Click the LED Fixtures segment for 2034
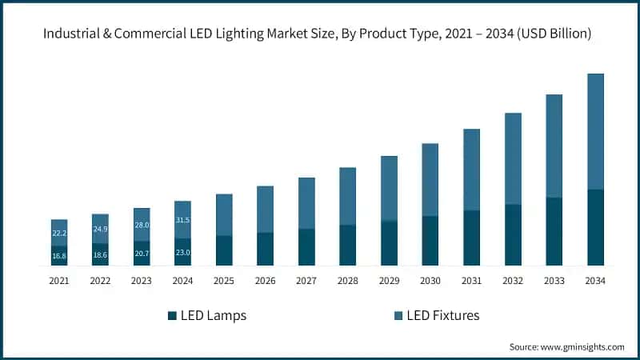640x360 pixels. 595,131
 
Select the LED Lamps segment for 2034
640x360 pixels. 595,227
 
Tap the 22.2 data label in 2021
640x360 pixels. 59,233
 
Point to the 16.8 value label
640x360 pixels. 59,256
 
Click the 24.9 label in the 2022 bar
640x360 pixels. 100,230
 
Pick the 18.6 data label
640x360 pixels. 100,255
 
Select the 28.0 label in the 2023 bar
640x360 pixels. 142,226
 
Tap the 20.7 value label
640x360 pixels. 142,254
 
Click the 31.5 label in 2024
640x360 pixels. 182,220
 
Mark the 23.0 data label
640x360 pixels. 182,253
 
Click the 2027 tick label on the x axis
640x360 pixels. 306,281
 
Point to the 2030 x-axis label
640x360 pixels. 430,281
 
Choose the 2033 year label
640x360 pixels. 554,281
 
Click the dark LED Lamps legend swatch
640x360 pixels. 172,316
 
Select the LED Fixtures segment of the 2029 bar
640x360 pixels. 389,188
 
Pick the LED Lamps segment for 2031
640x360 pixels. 472,238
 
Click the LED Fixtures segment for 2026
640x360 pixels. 265,209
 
